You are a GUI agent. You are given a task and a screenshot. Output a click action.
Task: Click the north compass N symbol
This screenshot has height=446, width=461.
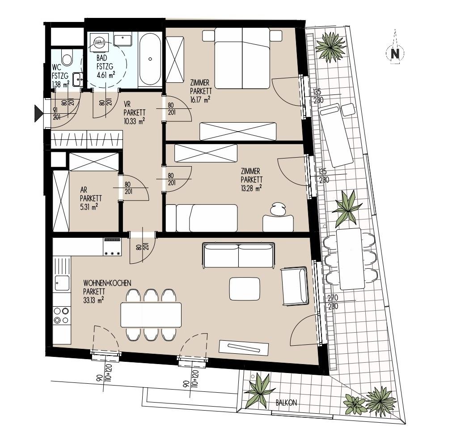pos(395,53)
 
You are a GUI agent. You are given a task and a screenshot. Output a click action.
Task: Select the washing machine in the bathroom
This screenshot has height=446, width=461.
pos(99,43)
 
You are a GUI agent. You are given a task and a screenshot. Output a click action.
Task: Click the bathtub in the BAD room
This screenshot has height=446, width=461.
pos(150,59)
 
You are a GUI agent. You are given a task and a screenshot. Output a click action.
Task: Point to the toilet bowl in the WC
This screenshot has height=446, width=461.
pos(68,57)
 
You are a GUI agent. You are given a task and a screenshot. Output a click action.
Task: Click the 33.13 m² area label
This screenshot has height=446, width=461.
pos(93,300)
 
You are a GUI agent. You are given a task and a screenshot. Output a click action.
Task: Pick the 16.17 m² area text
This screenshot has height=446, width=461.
pos(200,99)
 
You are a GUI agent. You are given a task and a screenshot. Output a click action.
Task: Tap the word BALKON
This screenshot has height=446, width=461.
pos(286,403)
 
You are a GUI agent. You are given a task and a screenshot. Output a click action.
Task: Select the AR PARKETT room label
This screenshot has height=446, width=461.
pos(91,194)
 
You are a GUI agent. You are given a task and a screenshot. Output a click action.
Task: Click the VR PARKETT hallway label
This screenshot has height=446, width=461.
pos(134,108)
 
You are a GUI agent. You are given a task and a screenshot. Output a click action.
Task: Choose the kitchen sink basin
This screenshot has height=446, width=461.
pos(62,283)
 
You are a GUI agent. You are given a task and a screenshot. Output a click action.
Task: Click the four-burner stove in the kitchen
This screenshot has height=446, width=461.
pos(62,315)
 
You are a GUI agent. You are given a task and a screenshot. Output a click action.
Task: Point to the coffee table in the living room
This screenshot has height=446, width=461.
pos(244,289)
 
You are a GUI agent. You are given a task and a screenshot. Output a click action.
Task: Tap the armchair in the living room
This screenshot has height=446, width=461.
pos(295,286)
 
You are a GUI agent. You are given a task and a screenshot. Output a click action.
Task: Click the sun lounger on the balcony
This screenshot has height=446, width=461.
pos(336,136)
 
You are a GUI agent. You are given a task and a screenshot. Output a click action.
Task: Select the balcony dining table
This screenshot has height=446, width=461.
pos(350,259)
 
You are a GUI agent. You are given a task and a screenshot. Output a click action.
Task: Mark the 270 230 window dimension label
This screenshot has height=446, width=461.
pos(333,302)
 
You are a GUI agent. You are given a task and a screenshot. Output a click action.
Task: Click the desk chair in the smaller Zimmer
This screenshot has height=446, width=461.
pos(278,209)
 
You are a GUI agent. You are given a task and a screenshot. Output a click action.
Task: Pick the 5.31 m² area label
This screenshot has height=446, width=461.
pos(89,207)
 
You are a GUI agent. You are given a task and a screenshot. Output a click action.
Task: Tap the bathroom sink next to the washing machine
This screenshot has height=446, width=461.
pos(123,40)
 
